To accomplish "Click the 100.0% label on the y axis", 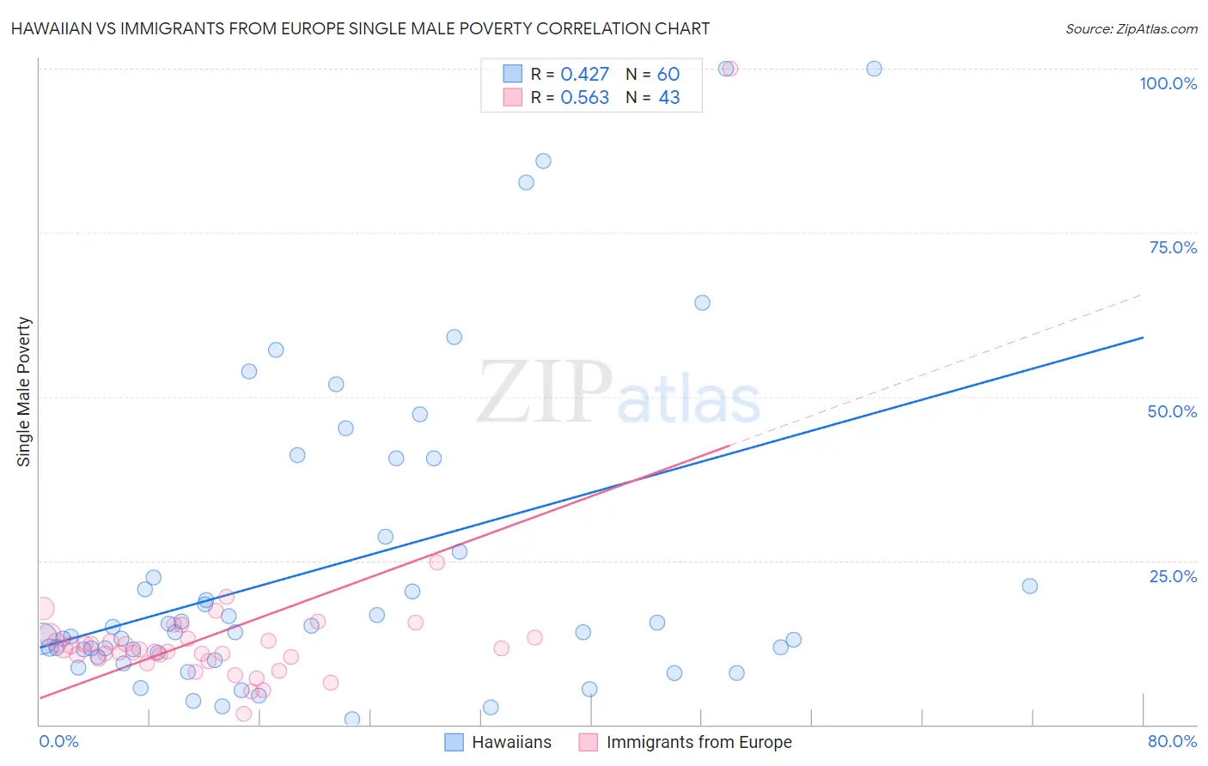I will click(x=1168, y=83).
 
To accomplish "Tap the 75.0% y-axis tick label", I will click(x=1173, y=247).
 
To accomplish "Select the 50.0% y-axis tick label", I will click(x=1172, y=411).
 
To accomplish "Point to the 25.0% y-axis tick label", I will click(x=1173, y=576).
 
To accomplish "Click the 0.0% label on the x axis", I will click(x=58, y=741).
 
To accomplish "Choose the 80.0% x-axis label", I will click(x=1172, y=741).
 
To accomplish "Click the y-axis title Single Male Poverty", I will click(x=24, y=392).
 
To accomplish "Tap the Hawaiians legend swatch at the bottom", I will click(x=454, y=742).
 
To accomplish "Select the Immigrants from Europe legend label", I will click(x=699, y=742).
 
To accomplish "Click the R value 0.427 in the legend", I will click(x=584, y=75).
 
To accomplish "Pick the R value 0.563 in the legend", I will click(x=584, y=98).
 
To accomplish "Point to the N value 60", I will click(x=668, y=75).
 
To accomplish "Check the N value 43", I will click(x=668, y=98).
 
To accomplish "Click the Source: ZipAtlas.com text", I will click(x=1131, y=29).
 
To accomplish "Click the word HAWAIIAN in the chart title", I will click(x=52, y=29).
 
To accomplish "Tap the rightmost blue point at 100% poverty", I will click(x=874, y=69).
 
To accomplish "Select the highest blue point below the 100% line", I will click(x=543, y=161).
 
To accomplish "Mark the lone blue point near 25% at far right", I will click(x=1029, y=586).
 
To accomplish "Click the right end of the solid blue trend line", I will click(x=1143, y=337).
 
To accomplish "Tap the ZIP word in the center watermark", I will click(x=544, y=392).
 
